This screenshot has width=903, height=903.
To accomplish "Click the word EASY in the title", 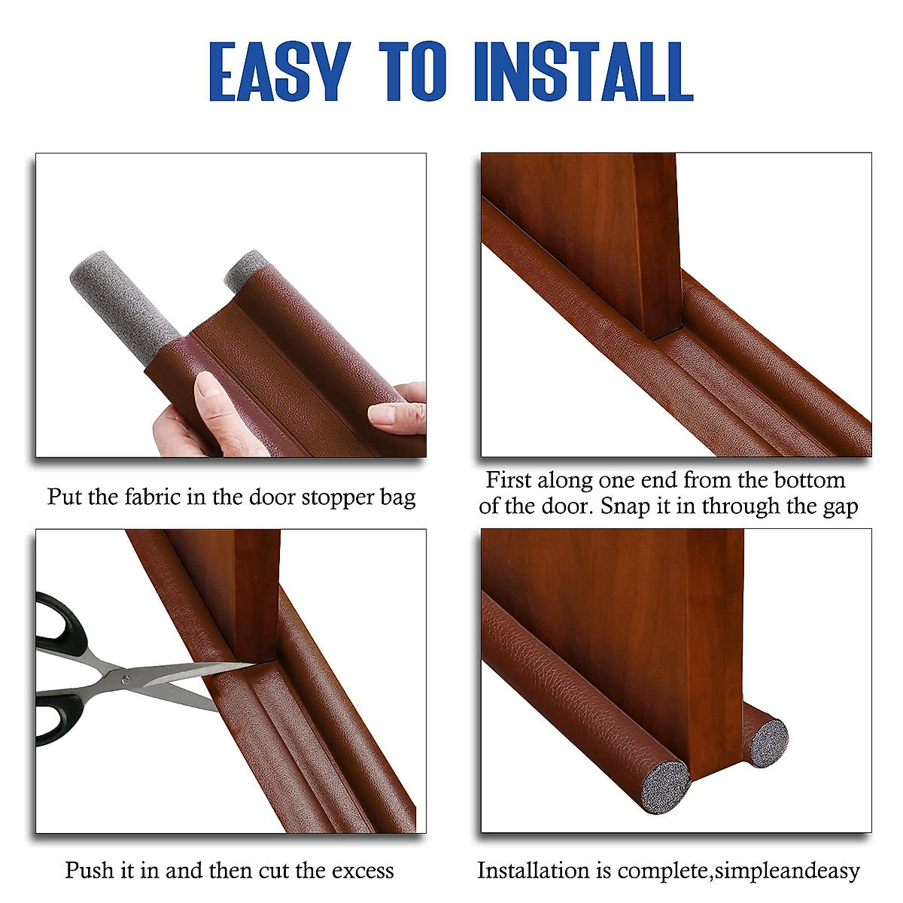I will (x=279, y=72).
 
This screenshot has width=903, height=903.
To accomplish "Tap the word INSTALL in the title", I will (x=583, y=72).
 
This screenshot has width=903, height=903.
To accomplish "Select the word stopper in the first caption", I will (x=336, y=497).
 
